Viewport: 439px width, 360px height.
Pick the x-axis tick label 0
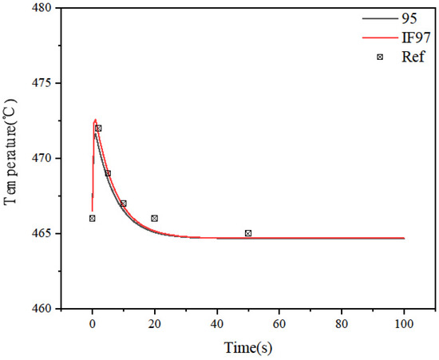[93, 325]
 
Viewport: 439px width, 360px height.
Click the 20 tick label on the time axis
[155, 325]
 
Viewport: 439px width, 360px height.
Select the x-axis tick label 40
[217, 325]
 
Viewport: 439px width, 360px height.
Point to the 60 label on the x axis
[279, 325]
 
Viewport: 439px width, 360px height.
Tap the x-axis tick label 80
[342, 325]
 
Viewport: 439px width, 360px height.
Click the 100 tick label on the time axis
[404, 325]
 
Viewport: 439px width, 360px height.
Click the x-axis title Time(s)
[248, 348]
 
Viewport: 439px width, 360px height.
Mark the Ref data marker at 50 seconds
[248, 233]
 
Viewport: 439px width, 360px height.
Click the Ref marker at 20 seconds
[155, 218]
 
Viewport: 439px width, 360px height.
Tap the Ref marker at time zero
[93, 218]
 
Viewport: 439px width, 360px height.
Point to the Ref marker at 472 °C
[98, 129]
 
